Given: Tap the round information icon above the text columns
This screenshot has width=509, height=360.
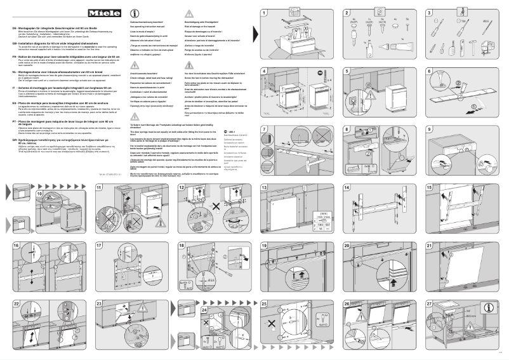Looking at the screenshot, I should click(x=134, y=14).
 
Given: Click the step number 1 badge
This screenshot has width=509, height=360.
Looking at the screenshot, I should click(x=264, y=13).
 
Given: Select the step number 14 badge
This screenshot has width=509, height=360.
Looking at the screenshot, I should click(x=347, y=188).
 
